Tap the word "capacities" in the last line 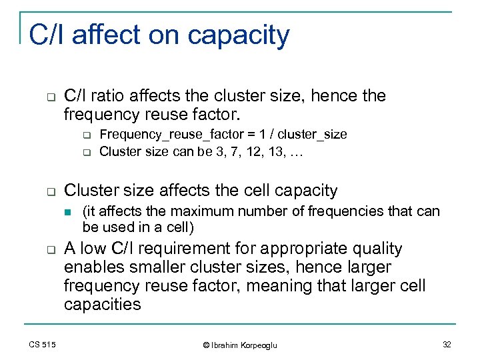103,305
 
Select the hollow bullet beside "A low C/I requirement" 50,250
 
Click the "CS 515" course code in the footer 43,345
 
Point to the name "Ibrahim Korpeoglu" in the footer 245,345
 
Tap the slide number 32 446,345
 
